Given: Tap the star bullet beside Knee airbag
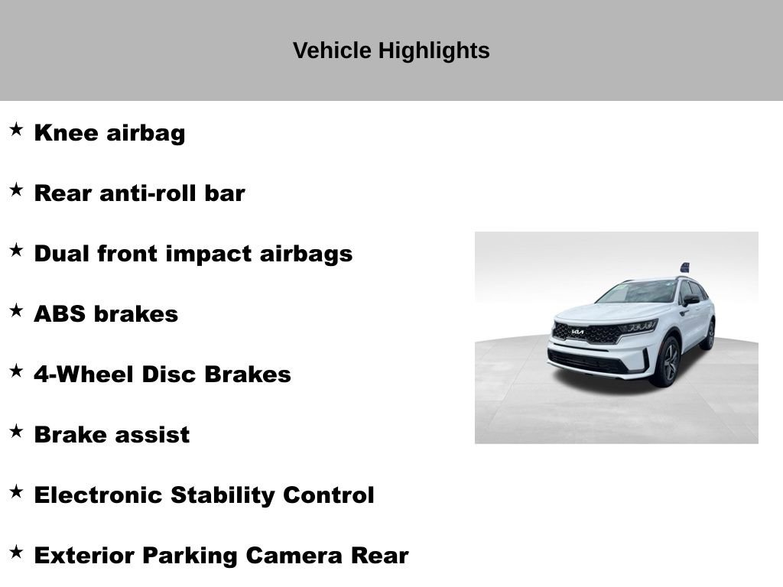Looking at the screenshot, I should [x=16, y=129].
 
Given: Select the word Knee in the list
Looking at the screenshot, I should [x=67, y=133].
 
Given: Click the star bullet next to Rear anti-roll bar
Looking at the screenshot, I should [x=16, y=190].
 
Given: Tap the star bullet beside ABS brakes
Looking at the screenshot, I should [x=16, y=310].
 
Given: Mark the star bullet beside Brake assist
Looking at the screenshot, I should [x=16, y=431].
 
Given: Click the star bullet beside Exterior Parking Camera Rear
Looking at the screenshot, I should [x=16, y=552].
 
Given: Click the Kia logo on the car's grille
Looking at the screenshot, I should [x=577, y=332].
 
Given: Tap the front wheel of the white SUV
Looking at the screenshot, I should [x=668, y=362].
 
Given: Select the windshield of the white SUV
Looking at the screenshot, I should [x=638, y=292].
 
